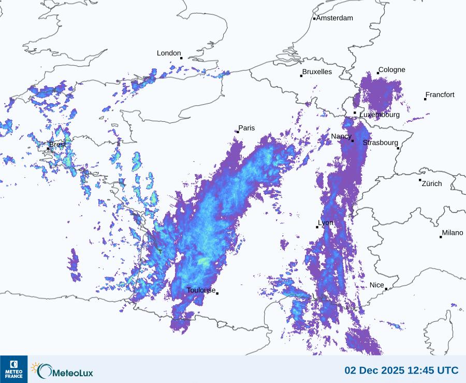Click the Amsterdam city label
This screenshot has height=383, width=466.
coord(334,18)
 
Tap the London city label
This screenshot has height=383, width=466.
coord(169,53)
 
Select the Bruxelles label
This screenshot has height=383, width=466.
coord(317,72)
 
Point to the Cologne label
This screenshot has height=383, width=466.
coord(392,70)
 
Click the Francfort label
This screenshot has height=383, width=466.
coord(440,95)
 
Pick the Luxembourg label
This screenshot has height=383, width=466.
coord(380,115)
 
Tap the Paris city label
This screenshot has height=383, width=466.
coord(247,128)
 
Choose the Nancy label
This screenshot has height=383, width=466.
coord(341,136)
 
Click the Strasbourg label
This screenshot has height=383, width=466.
coord(381,143)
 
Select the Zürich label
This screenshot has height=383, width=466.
coord(432,183)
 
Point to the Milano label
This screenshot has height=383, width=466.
coord(453,233)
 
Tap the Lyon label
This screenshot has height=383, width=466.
coord(326,223)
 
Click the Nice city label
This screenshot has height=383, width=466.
coord(377,285)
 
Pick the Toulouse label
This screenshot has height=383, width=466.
coord(201,290)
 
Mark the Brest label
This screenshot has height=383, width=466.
coord(57,145)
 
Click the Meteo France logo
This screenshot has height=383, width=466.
coord(13,369)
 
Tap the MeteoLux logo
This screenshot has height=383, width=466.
coord(62,371)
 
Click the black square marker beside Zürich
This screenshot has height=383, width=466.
coord(420,180)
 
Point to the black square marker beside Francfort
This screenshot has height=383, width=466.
coord(425,98)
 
